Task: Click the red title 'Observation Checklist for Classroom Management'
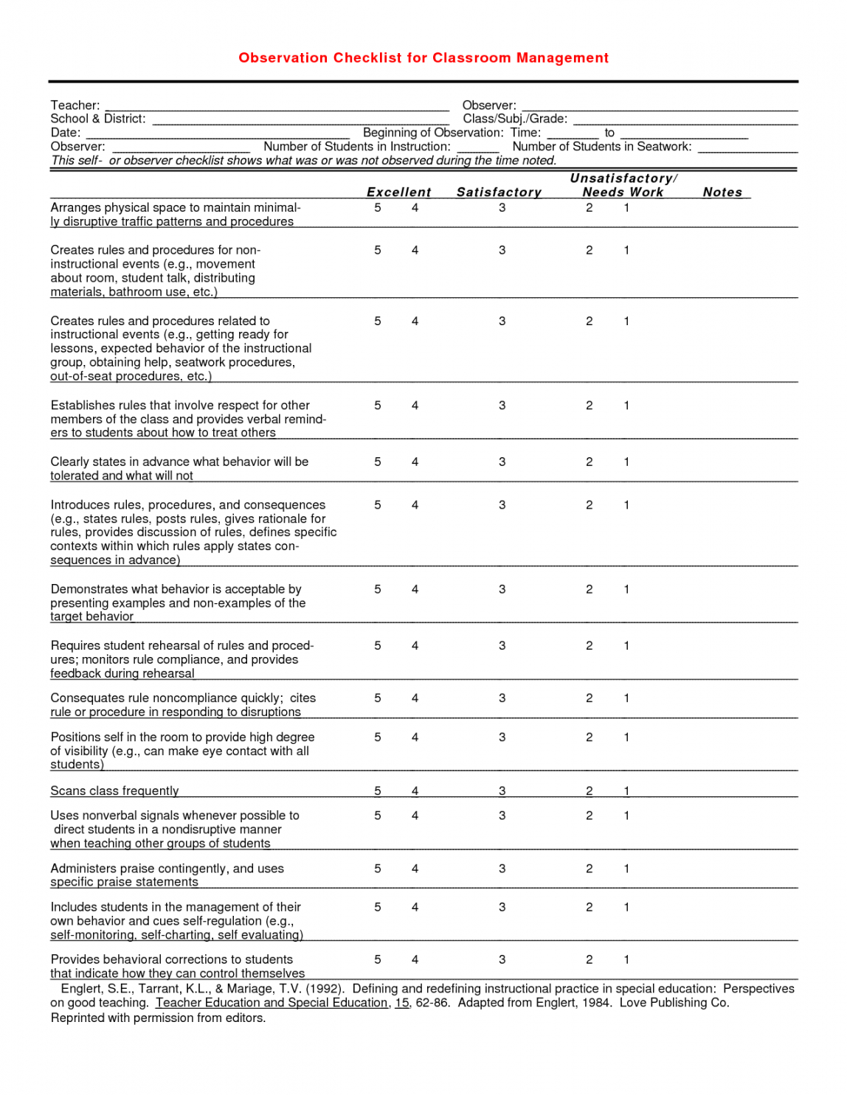click(x=423, y=58)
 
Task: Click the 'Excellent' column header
click(x=398, y=192)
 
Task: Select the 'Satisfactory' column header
click(x=499, y=192)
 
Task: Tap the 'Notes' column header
click(x=722, y=192)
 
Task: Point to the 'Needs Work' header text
click(x=623, y=192)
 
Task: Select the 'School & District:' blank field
click(x=300, y=119)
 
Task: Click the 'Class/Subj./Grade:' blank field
click(x=685, y=119)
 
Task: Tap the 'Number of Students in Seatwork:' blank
click(x=747, y=147)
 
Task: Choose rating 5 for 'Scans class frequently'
click(x=378, y=791)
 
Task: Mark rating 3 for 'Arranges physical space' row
click(x=502, y=208)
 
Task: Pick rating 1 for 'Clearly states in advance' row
click(x=626, y=462)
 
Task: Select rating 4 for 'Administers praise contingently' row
click(x=415, y=869)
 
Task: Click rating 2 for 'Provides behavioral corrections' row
click(x=589, y=960)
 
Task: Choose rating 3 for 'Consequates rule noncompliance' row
click(x=502, y=698)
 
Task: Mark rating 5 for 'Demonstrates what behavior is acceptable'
click(x=378, y=590)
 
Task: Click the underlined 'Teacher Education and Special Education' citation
click(x=272, y=1003)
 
